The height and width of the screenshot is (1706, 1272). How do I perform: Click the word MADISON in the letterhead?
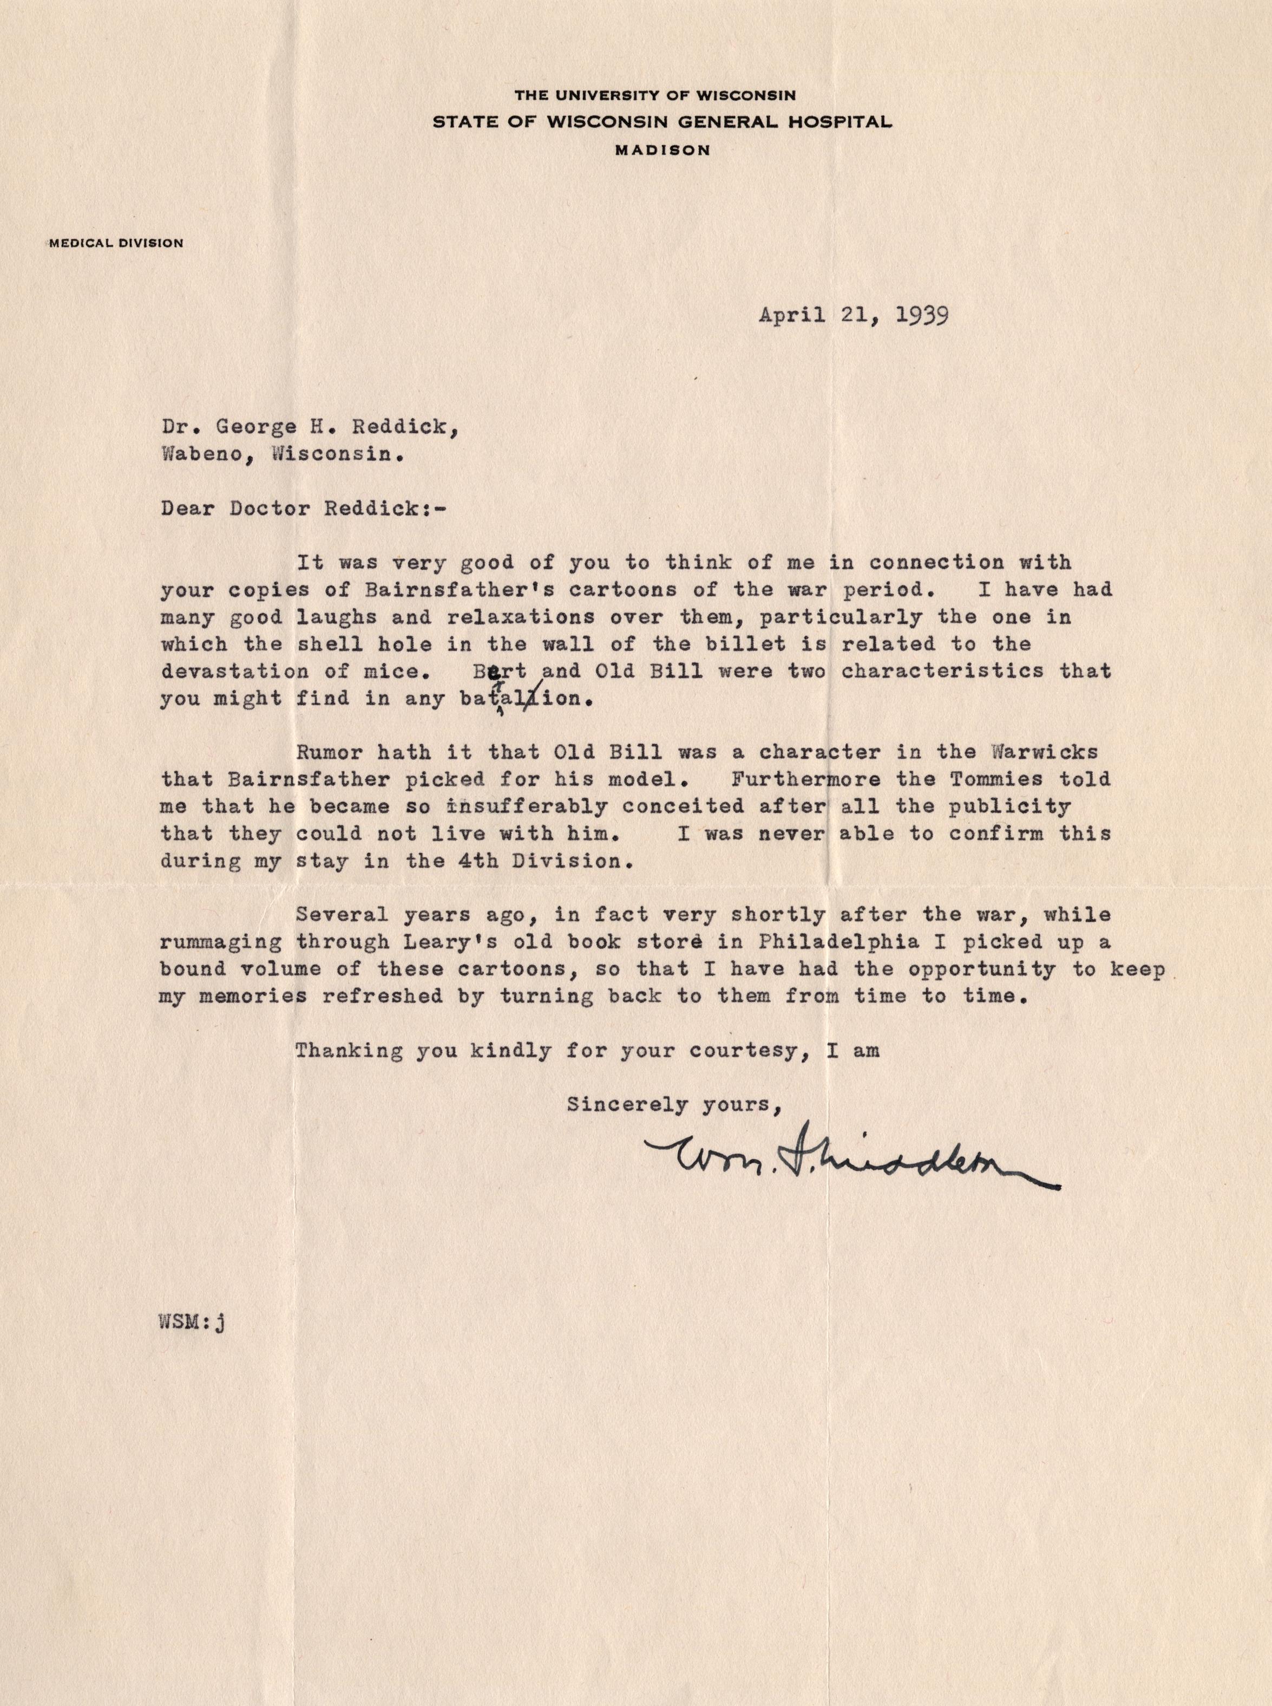(x=663, y=151)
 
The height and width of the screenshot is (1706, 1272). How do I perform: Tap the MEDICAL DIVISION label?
(x=115, y=243)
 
